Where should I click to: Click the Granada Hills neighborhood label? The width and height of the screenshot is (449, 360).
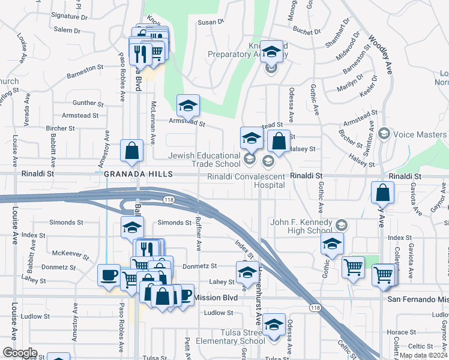pyautogui.click(x=138, y=174)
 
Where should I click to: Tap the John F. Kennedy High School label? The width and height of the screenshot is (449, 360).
pyautogui.click(x=301, y=227)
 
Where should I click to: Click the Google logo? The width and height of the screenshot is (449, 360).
pyautogui.click(x=20, y=353)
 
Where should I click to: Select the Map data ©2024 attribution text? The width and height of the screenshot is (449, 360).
pyautogui.click(x=423, y=355)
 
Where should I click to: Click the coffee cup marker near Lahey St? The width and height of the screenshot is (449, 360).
pyautogui.click(x=108, y=274)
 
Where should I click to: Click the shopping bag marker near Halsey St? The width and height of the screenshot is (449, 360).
pyautogui.click(x=279, y=141)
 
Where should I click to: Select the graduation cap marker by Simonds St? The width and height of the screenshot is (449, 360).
pyautogui.click(x=133, y=227)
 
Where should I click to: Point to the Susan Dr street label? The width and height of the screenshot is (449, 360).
pyautogui.click(x=211, y=22)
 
